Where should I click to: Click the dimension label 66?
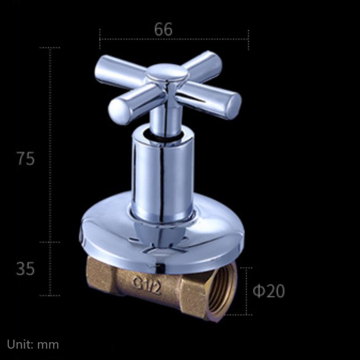(x=163, y=29)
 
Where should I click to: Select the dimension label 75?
(x=25, y=158)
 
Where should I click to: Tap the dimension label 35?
(x=25, y=269)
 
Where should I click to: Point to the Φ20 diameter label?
(x=269, y=291)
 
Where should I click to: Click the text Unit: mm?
(x=33, y=344)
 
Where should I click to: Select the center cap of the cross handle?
(x=166, y=73)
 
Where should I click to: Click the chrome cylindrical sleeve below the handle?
(x=163, y=178)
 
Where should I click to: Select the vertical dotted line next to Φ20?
(x=246, y=291)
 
